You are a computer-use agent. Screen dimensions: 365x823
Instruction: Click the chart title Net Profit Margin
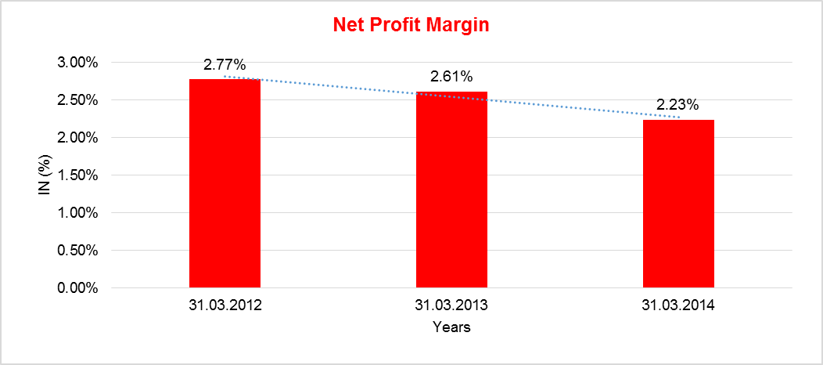pyautogui.click(x=411, y=24)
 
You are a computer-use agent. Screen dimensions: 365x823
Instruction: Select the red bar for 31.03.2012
pyautogui.click(x=225, y=183)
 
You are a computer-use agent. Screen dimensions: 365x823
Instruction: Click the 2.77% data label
pyautogui.click(x=225, y=65)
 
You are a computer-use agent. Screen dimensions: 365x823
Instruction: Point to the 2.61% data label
pyautogui.click(x=451, y=77)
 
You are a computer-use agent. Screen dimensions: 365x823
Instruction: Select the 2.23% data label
pyautogui.click(x=678, y=105)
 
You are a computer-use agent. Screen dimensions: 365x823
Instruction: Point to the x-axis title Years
pyautogui.click(x=451, y=327)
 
